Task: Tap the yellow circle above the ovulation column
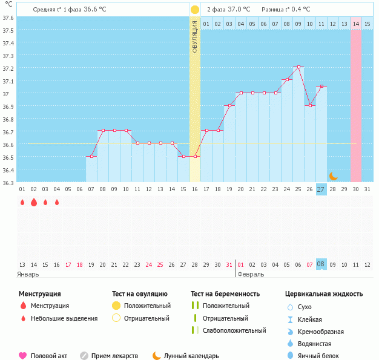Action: (195, 10)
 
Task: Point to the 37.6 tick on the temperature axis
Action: (8, 18)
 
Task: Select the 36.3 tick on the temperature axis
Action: (8, 183)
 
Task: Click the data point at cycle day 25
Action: (298, 67)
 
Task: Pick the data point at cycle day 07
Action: (91, 157)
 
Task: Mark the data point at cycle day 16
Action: (195, 157)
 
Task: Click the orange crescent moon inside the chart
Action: (333, 176)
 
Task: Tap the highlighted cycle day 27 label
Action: (321, 189)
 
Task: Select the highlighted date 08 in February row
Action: (321, 264)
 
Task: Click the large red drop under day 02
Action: (34, 203)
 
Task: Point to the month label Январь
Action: (28, 274)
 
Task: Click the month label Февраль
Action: (251, 274)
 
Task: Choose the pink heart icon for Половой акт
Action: (23, 356)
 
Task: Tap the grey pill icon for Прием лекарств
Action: (84, 356)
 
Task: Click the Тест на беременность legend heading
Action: (225, 293)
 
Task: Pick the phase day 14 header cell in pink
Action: (356, 24)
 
